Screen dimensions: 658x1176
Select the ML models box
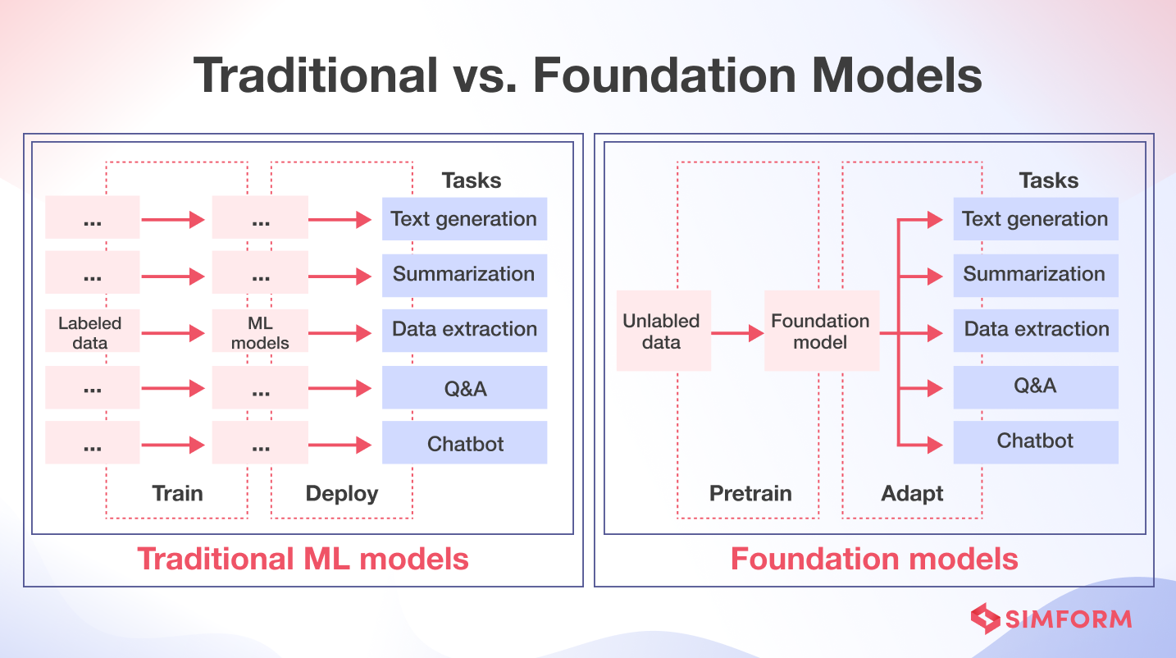coord(260,331)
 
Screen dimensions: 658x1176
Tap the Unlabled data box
coord(663,331)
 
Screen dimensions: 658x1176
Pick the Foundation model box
coord(821,331)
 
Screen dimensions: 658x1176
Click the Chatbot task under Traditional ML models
coord(464,443)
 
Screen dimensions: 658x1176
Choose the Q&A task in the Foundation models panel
coord(1035,386)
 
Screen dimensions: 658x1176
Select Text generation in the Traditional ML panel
coord(464,219)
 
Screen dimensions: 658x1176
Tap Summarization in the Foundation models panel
coord(1035,275)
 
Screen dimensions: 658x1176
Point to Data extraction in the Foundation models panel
coord(1035,330)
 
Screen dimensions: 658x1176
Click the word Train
coord(177,493)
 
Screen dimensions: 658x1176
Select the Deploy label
coord(342,493)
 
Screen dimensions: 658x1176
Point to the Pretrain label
coord(750,493)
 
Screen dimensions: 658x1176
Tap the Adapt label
coord(912,493)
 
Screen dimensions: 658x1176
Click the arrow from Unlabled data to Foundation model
coord(737,333)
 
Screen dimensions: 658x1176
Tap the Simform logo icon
coord(985,619)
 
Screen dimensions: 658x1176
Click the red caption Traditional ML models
coord(303,559)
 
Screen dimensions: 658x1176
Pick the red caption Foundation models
coord(874,559)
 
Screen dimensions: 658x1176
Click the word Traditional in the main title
coord(317,75)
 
